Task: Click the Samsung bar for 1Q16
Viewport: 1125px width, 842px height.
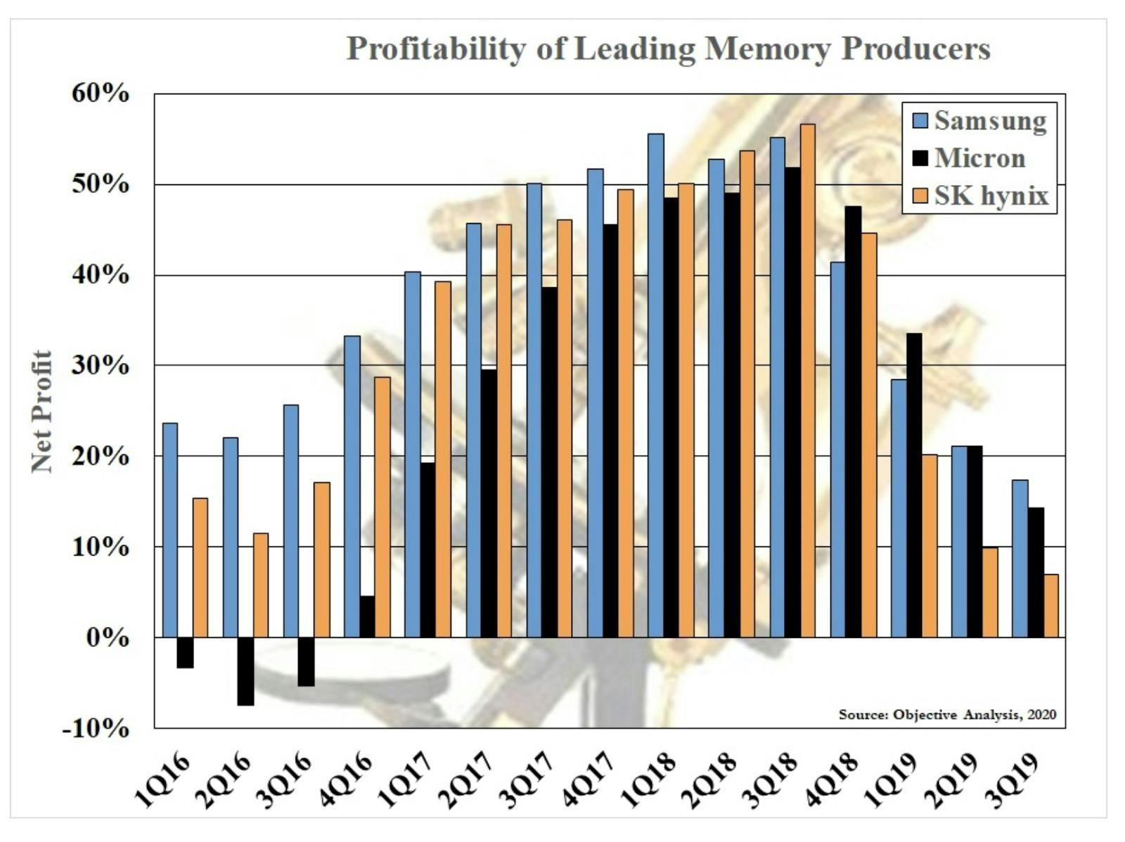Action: (170, 530)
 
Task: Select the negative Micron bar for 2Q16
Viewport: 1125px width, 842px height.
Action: (245, 671)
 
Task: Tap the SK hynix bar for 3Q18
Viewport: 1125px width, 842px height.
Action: (807, 381)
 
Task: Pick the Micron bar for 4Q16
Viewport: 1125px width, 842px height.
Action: (367, 616)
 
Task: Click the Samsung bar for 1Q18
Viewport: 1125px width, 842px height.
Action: (656, 385)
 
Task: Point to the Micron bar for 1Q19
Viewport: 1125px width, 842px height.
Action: (914, 485)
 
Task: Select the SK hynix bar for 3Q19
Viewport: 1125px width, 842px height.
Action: (1050, 606)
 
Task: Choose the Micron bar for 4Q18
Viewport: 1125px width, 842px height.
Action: (854, 421)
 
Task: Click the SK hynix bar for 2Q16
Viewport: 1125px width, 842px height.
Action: (261, 585)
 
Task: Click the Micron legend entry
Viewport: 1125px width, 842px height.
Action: (969, 158)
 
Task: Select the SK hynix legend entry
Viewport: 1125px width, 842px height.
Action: (981, 196)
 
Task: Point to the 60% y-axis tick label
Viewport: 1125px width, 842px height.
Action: (101, 94)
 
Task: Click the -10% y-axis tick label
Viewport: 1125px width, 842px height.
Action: (96, 728)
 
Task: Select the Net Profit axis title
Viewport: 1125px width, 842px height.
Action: (42, 412)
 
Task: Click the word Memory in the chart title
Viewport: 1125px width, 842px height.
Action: (767, 49)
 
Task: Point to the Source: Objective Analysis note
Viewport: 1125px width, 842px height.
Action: (947, 714)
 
